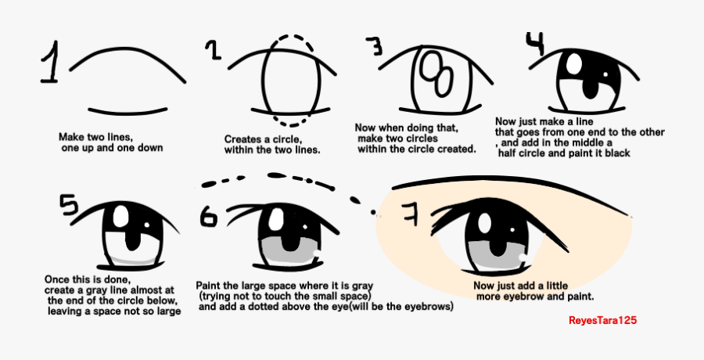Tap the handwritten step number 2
212,51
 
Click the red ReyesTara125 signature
608,320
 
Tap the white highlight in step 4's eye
575,61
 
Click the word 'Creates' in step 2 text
242,139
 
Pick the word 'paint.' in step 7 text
578,297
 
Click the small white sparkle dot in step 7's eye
523,255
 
